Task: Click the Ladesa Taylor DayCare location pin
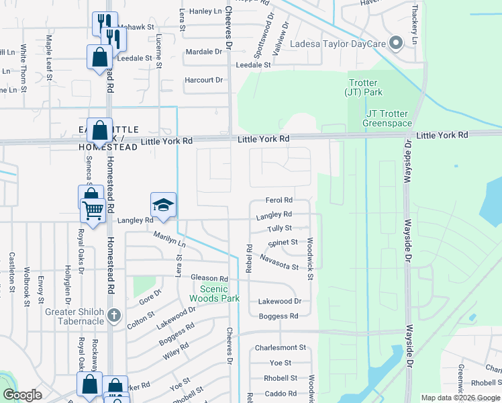point(396,44)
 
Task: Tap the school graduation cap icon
point(163,205)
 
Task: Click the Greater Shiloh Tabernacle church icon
point(114,315)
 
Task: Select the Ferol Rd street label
point(279,200)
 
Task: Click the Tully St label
point(279,228)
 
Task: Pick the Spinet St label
point(283,242)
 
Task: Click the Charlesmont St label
point(280,348)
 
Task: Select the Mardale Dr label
point(203,52)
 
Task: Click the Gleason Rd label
point(209,278)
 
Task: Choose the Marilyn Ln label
point(169,239)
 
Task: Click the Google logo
point(23,395)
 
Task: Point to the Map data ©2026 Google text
point(460,398)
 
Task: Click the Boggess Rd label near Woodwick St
point(279,316)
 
